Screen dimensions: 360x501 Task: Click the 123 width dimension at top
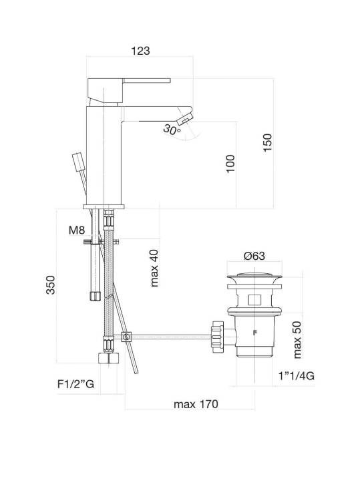tap(140, 51)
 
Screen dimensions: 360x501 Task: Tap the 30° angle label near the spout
tap(172, 130)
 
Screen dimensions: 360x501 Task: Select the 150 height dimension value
tap(267, 142)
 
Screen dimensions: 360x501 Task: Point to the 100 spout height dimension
tap(230, 164)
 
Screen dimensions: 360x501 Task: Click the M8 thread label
tap(77, 230)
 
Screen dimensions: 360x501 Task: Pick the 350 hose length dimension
tap(51, 285)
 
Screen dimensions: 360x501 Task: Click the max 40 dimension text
tap(154, 268)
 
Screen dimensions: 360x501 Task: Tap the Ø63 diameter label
tap(254, 256)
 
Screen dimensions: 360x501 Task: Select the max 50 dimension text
tap(297, 339)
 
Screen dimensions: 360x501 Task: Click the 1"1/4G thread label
tap(296, 375)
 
